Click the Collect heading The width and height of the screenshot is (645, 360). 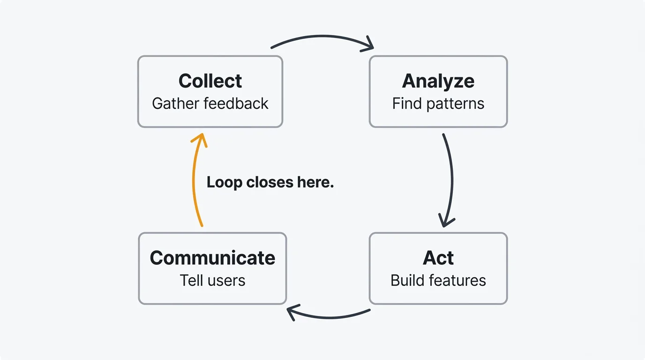[x=210, y=81]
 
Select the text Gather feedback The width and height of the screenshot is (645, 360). [x=210, y=104]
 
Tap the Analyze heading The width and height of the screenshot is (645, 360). [x=438, y=81]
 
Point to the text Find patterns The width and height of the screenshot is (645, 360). [x=438, y=104]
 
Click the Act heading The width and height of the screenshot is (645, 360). [x=438, y=258]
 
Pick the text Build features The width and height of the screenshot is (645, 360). [x=438, y=280]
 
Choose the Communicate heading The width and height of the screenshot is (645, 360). [x=212, y=258]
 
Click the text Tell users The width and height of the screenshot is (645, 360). [x=212, y=280]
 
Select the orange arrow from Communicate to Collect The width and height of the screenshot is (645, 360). [x=193, y=183]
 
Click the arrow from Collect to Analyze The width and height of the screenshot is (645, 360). [x=321, y=36]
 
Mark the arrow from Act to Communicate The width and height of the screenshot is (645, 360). [x=330, y=317]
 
